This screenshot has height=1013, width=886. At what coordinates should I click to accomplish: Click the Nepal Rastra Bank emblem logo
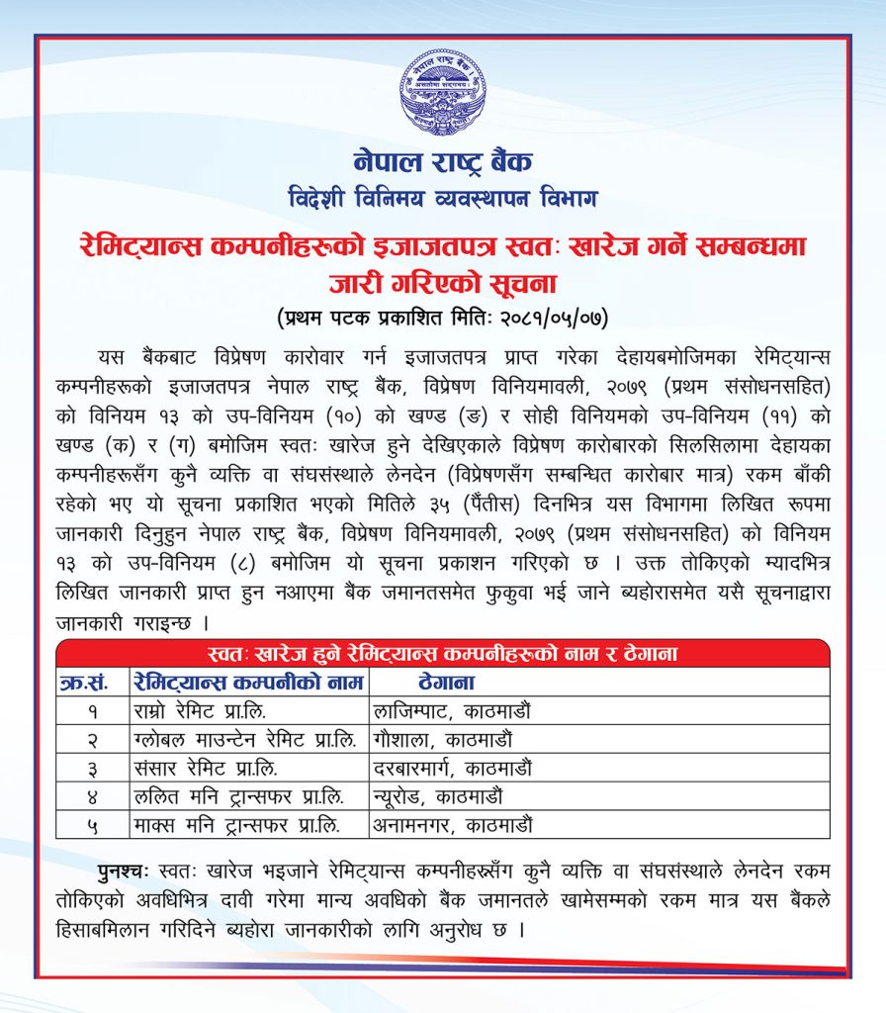click(443, 92)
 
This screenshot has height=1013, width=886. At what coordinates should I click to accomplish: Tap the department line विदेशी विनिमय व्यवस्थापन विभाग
click(443, 198)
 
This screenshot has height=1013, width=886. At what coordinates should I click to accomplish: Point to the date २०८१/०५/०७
click(554, 319)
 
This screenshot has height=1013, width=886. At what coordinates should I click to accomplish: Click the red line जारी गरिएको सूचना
click(443, 284)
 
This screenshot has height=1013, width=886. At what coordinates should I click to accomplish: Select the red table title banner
click(443, 654)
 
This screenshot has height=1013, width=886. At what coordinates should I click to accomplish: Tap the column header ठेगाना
click(447, 682)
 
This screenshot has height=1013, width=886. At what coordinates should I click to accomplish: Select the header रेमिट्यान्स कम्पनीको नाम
click(247, 682)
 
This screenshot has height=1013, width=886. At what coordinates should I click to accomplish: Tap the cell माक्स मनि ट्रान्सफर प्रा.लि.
click(235, 823)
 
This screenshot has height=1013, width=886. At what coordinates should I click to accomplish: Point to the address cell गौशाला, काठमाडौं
click(442, 739)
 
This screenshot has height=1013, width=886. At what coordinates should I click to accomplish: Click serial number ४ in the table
click(91, 795)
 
